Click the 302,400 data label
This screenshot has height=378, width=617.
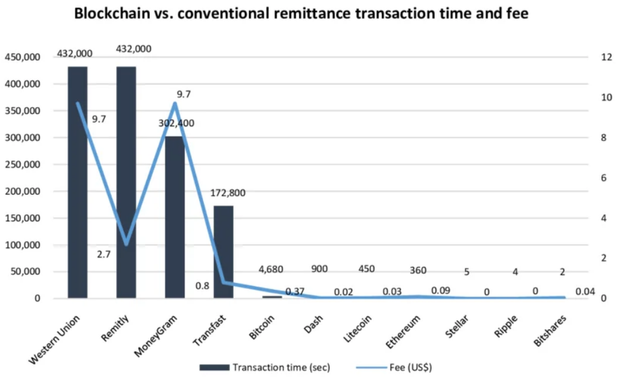176,123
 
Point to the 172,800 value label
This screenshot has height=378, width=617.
227,193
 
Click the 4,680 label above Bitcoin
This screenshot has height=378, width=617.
272,270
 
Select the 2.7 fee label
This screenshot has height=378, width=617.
103,254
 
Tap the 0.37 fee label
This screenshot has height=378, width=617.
296,291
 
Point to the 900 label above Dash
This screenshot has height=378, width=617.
320,270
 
